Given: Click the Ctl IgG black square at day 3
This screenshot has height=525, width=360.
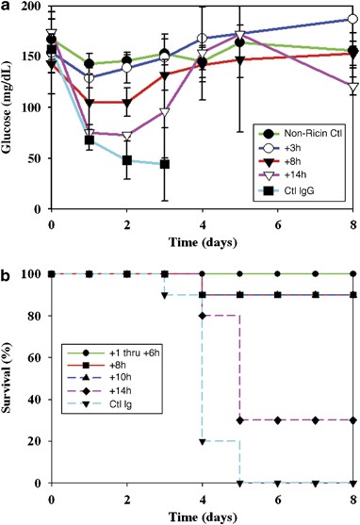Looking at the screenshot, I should click(165, 164).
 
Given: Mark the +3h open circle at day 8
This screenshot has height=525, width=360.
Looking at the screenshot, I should click(352, 20).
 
